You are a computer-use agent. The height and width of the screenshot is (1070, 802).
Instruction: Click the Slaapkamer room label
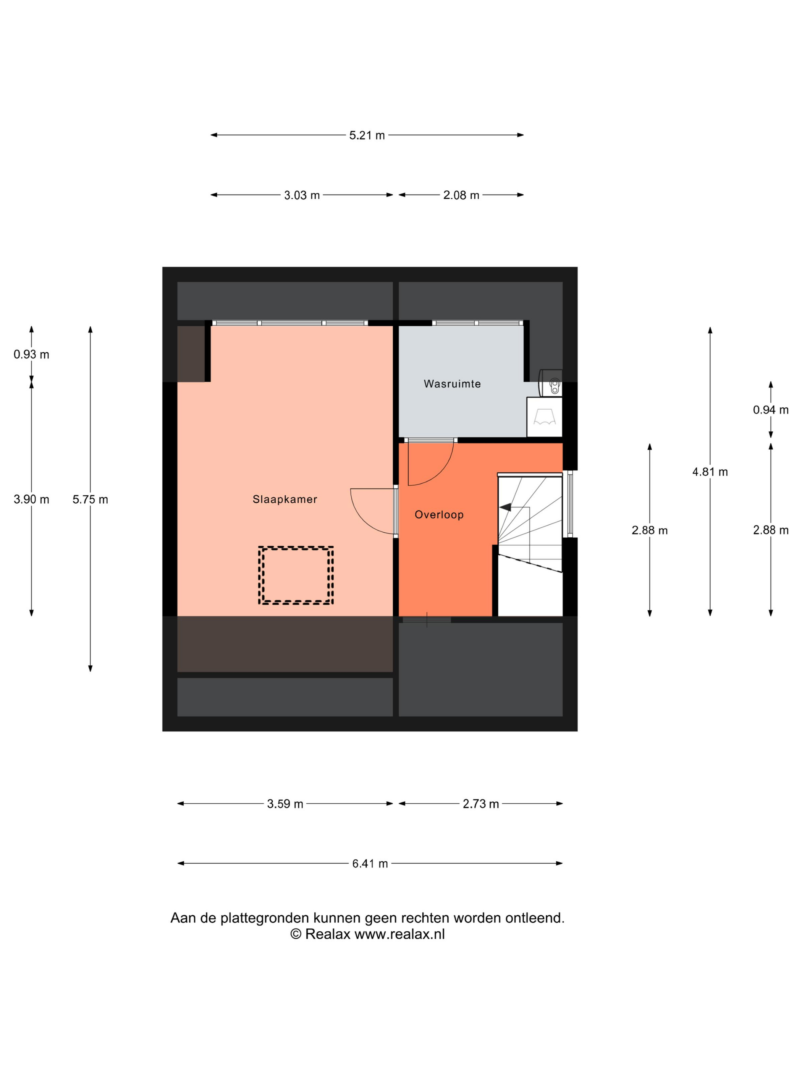[x=285, y=499]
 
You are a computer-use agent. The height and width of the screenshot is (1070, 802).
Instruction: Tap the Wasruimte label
[x=452, y=384]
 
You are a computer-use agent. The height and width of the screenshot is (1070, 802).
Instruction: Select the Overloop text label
[x=439, y=515]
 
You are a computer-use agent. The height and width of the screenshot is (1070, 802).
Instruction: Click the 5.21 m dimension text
[x=367, y=135]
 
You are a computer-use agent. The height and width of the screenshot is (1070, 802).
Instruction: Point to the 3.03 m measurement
[x=302, y=195]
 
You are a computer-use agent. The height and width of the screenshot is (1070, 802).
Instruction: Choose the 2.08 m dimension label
[x=461, y=195]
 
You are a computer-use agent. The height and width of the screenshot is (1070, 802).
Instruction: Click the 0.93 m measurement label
[x=31, y=355]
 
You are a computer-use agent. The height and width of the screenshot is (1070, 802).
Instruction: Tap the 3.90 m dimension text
[x=31, y=499]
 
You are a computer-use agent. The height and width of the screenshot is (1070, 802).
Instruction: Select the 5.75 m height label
[x=91, y=499]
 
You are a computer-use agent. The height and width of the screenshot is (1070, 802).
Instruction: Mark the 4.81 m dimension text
[x=710, y=472]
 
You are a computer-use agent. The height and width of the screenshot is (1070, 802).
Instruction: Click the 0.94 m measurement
[x=771, y=410]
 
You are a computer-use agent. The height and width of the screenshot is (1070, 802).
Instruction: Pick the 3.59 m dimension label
[x=285, y=804]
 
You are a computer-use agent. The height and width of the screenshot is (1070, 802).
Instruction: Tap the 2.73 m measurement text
[x=480, y=804]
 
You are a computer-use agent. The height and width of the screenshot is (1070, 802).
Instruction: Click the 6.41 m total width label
[x=370, y=863]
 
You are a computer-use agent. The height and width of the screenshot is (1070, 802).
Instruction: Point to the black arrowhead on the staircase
[x=505, y=507]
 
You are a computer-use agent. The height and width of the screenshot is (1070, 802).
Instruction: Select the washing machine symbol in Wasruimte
[x=544, y=417]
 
